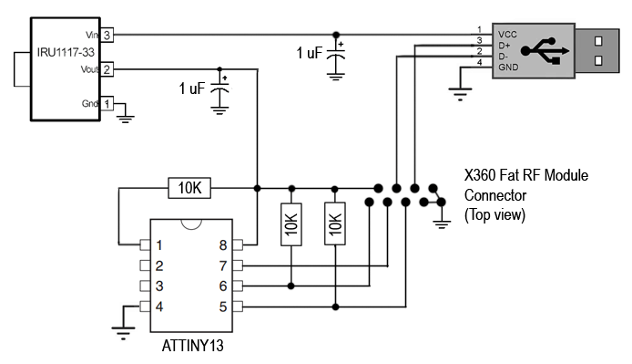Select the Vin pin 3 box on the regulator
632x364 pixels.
coord(107,35)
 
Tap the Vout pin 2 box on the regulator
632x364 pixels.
coord(107,68)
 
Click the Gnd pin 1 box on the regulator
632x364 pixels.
coord(107,103)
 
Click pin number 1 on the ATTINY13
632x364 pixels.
coord(159,244)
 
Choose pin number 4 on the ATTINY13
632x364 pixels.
coord(159,306)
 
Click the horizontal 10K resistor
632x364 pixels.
coord(189,189)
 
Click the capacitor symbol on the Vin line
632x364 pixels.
coord(337,56)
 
